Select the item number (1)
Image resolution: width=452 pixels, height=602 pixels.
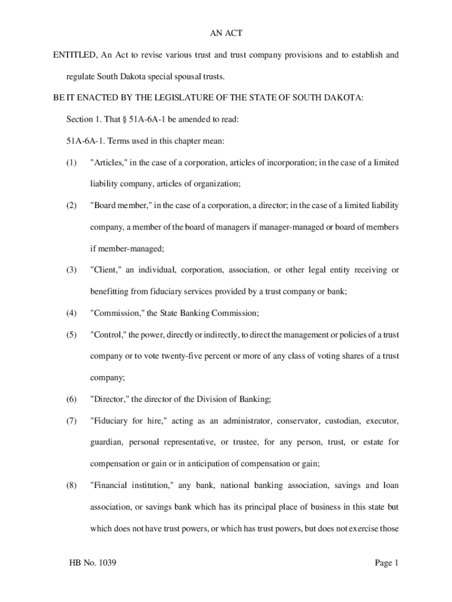click(x=72, y=162)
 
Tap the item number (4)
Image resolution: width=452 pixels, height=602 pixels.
click(x=72, y=313)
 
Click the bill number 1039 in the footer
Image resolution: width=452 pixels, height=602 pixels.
click(x=106, y=563)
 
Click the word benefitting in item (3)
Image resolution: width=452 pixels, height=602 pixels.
click(x=110, y=292)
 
